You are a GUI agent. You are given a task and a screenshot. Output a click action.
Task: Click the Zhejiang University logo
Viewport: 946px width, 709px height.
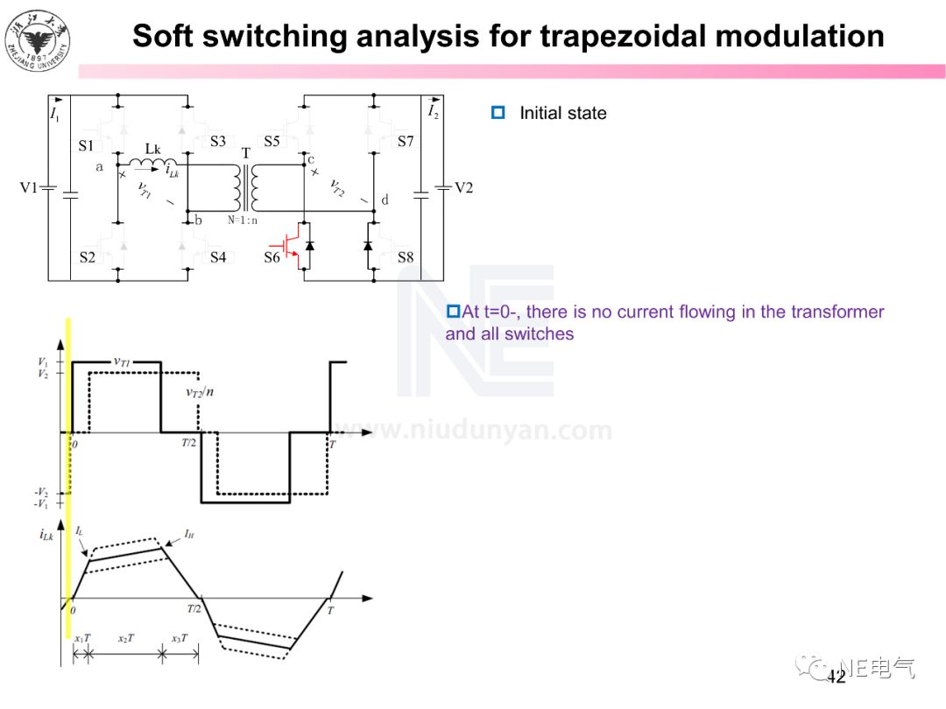pyautogui.click(x=39, y=39)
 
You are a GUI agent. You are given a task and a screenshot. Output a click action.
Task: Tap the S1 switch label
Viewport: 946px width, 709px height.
pyautogui.click(x=86, y=145)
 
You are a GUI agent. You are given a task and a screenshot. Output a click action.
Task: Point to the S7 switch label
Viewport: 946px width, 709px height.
pyautogui.click(x=405, y=141)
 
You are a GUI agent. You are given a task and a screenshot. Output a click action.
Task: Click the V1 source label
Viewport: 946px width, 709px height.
pyautogui.click(x=30, y=187)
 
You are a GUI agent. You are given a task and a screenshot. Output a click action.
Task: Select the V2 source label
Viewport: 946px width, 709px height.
pyautogui.click(x=462, y=187)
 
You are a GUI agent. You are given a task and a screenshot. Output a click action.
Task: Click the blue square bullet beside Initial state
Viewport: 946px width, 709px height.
pyautogui.click(x=498, y=113)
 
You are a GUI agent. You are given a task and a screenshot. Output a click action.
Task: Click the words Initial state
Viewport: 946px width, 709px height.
pyautogui.click(x=562, y=113)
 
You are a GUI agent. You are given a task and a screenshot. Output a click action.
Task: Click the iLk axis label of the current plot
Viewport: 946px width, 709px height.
pyautogui.click(x=47, y=534)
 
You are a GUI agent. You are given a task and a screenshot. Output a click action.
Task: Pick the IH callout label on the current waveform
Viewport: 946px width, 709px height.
pyautogui.click(x=189, y=532)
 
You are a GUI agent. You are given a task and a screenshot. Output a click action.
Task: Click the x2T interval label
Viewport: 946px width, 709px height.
pyautogui.click(x=126, y=638)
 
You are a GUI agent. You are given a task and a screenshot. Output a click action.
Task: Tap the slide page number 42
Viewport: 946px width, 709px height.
pyautogui.click(x=836, y=677)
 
